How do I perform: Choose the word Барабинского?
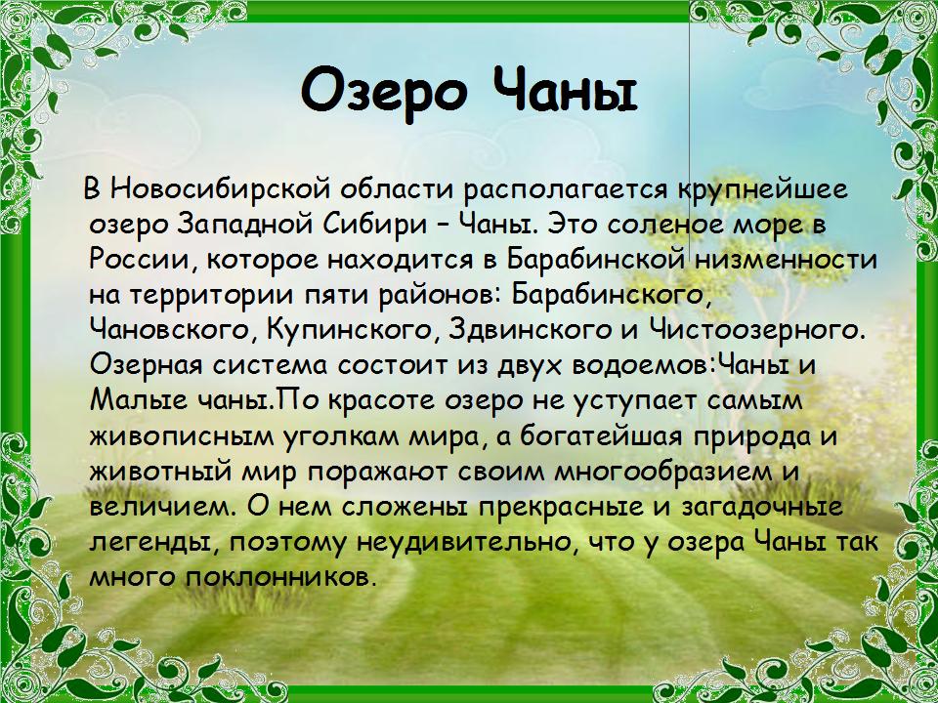tap(612, 295)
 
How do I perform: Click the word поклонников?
tap(280, 578)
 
